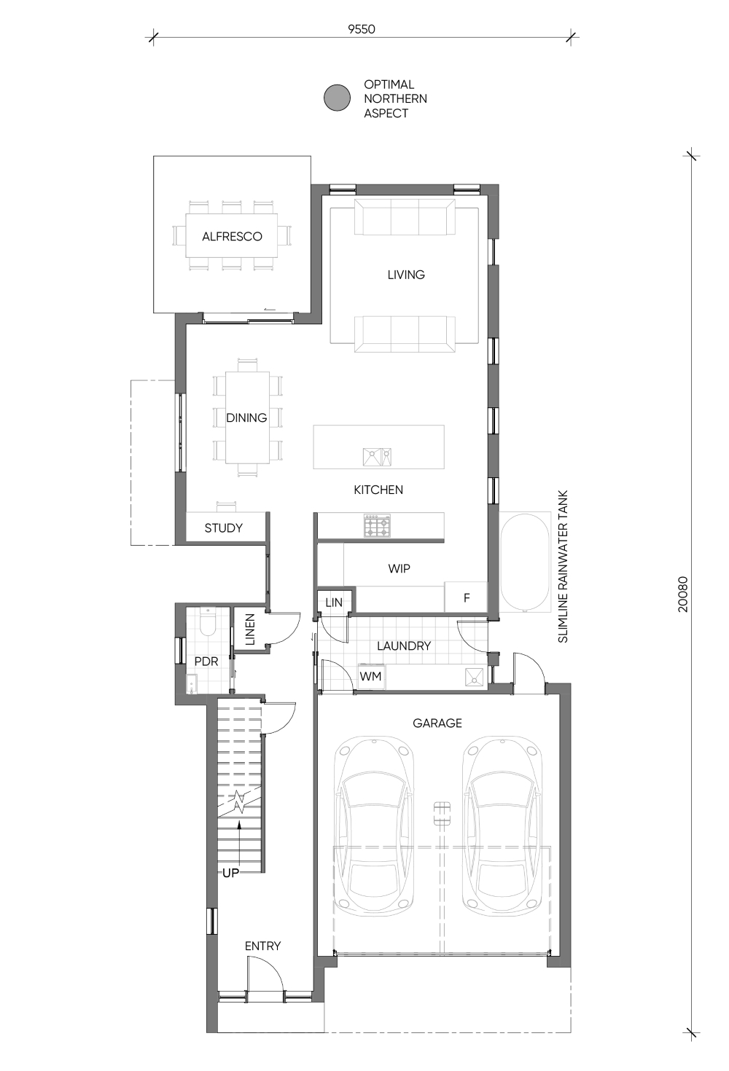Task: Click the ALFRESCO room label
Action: (232, 236)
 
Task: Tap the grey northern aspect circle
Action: (338, 98)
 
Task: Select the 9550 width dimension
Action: (362, 29)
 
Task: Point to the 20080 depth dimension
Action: (682, 595)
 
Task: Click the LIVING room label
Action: (406, 275)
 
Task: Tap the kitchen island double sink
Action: (377, 457)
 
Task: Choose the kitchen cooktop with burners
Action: (378, 525)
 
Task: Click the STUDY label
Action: (223, 528)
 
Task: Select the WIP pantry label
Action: (399, 568)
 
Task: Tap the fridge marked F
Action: (467, 597)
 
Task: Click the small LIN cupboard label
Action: (334, 603)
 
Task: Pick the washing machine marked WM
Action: (371, 676)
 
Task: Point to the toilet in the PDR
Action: (208, 621)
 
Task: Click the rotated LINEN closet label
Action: (250, 629)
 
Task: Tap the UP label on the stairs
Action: (230, 873)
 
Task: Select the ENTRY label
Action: (262, 946)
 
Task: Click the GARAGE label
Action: (437, 723)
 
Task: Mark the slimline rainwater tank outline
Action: (525, 563)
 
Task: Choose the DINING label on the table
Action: (246, 418)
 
